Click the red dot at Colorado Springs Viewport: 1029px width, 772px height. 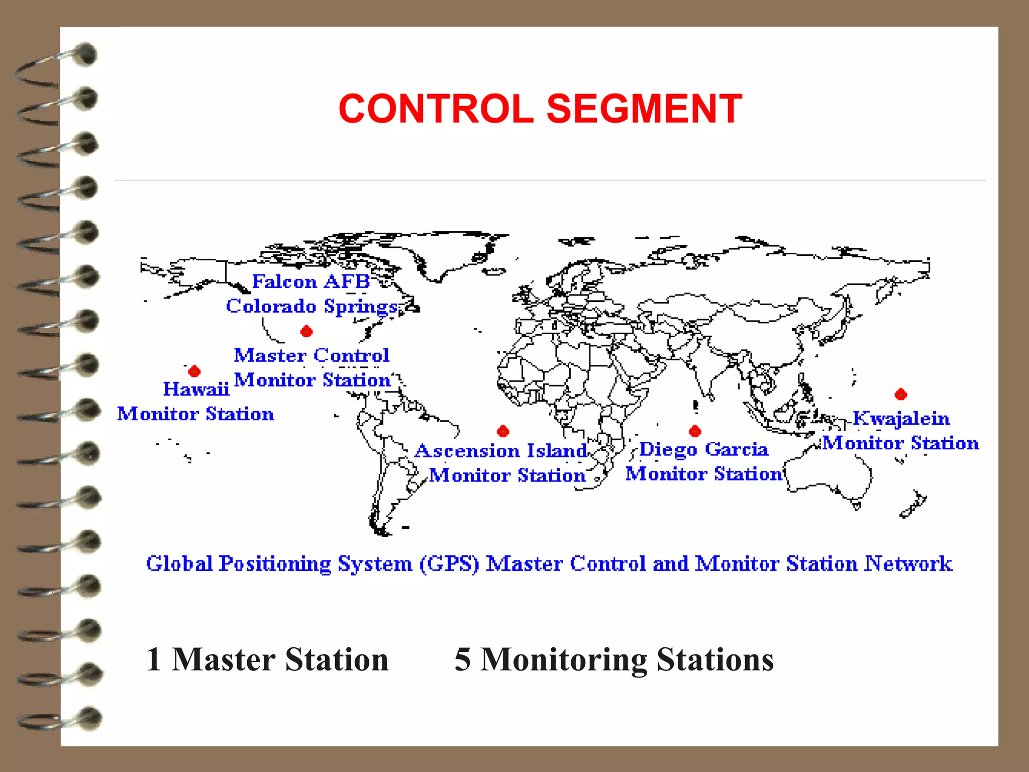[x=306, y=331]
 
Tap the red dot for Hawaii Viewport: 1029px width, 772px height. [x=194, y=371]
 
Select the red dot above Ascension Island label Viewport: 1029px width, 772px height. [x=503, y=431]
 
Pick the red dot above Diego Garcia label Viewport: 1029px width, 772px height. [x=695, y=431]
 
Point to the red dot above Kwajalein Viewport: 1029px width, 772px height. [x=901, y=394]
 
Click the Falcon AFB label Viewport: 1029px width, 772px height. [x=311, y=281]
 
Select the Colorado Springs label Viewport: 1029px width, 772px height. [x=312, y=306]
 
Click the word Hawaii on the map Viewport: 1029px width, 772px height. [x=196, y=389]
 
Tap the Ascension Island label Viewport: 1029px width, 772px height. [x=501, y=451]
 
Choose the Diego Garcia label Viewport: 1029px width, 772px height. [x=703, y=449]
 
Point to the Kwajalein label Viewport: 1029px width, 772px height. [x=901, y=419]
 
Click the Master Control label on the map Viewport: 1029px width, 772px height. [x=312, y=355]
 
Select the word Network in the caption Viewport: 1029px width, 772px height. [x=908, y=564]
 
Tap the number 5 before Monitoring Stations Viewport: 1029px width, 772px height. [x=463, y=659]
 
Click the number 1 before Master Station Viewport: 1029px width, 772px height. [x=154, y=659]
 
